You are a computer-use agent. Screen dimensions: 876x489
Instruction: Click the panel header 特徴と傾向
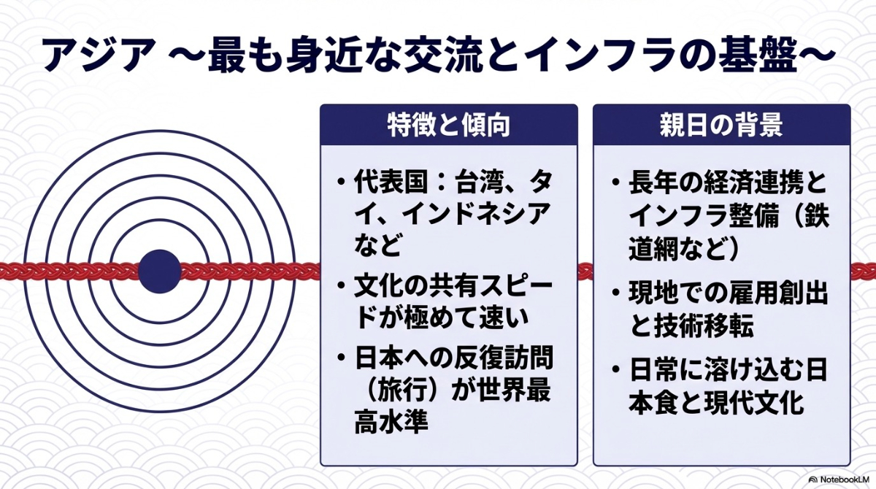[448, 126]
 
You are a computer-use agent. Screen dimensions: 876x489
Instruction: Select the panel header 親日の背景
[721, 126]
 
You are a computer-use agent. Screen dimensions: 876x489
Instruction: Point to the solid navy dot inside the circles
[159, 270]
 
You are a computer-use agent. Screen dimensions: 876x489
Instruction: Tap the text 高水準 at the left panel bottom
[388, 423]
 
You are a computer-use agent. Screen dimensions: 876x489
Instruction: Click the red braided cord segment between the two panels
[585, 271]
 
